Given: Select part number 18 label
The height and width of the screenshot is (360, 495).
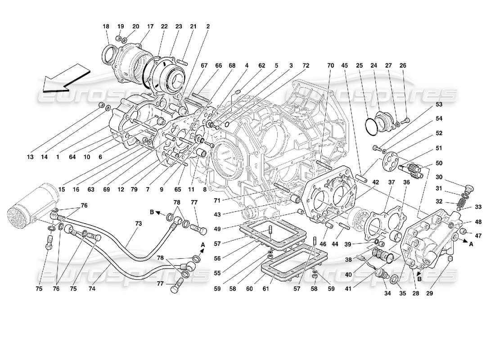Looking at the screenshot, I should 106,27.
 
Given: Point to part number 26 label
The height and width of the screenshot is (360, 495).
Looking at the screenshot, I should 403,65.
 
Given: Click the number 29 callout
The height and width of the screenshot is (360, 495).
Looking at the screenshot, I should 430,294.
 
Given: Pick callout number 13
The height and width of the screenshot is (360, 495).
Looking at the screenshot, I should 30,157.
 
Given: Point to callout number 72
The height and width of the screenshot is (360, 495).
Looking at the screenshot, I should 306,65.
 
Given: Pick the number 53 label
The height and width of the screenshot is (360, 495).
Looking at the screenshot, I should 439,105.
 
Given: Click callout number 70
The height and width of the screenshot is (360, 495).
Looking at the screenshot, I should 330,65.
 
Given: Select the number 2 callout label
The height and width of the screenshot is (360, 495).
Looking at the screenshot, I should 208,27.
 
